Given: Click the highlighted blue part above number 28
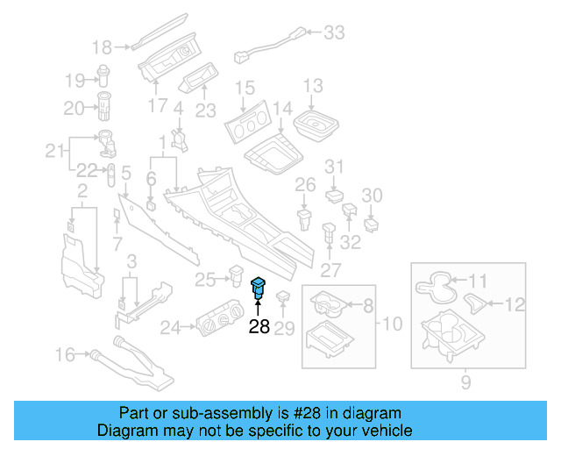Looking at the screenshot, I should click(259, 287).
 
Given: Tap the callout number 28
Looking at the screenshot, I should click(259, 327).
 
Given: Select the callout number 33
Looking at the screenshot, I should click(334, 33).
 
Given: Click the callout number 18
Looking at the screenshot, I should click(103, 47).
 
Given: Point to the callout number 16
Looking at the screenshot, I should click(67, 354).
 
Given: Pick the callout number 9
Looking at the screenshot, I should click(465, 381).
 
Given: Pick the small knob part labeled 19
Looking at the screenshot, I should click(106, 75).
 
